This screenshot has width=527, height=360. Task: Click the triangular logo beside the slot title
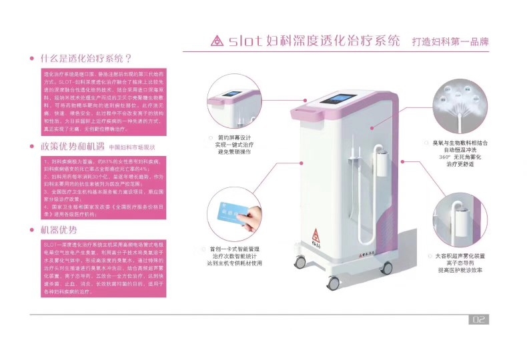point(216,41)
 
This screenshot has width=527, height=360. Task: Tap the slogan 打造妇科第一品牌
point(450,41)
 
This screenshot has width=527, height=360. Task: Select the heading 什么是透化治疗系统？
point(86,59)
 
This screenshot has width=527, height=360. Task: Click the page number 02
point(479,319)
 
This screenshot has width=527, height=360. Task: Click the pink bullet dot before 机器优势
point(33,231)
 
